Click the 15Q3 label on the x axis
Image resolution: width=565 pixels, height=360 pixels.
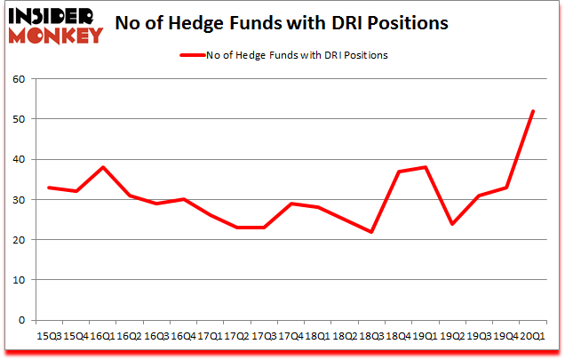pos(49,336)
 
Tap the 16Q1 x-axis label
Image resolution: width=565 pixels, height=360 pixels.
pos(103,336)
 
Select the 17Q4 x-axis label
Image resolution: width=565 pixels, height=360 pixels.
pos(290,336)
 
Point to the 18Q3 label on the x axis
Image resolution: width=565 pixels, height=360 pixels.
pos(371,336)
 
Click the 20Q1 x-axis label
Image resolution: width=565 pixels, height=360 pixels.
pos(533,336)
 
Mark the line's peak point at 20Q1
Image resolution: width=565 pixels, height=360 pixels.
pos(533,111)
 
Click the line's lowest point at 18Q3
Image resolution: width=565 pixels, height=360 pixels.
pos(371,232)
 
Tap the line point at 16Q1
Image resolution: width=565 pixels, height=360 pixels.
pos(103,167)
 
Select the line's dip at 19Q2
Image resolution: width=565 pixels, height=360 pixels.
pos(452,224)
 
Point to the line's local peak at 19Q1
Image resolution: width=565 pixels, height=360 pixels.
pos(426,167)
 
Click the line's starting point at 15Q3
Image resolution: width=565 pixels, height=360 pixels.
pos(49,188)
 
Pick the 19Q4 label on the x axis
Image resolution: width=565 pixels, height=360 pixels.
pos(506,336)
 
